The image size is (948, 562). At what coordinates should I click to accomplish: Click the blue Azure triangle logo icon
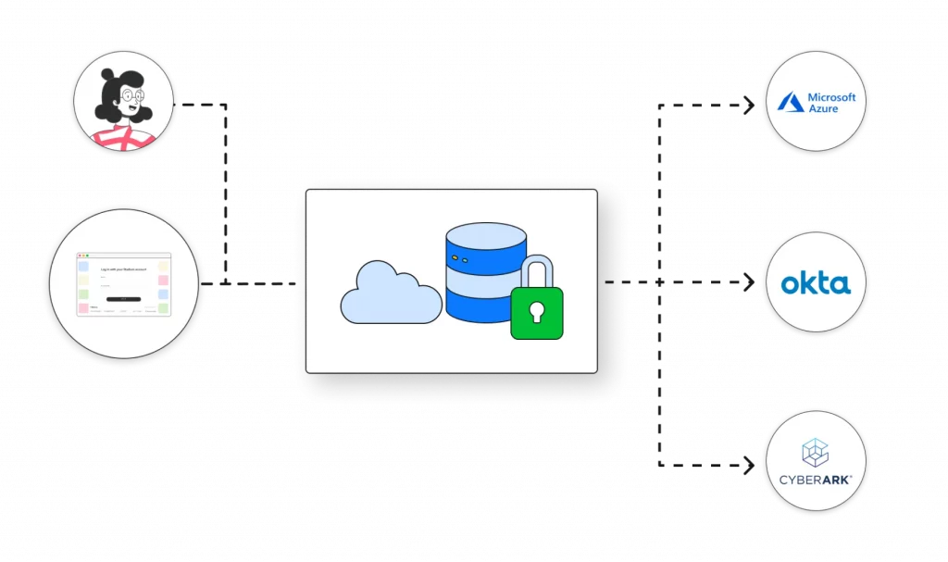point(790,102)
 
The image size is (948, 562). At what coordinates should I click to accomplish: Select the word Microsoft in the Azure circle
point(832,97)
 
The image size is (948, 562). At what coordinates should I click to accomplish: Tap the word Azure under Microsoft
point(823,108)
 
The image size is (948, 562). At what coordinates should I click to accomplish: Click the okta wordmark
point(816,283)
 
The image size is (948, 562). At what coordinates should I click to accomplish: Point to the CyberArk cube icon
point(816,453)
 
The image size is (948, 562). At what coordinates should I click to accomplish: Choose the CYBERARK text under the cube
point(816,479)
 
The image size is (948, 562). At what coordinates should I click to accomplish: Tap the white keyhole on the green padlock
point(537,315)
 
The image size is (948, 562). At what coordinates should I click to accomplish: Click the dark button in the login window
point(123,299)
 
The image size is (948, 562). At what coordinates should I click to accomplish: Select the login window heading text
point(124,269)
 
